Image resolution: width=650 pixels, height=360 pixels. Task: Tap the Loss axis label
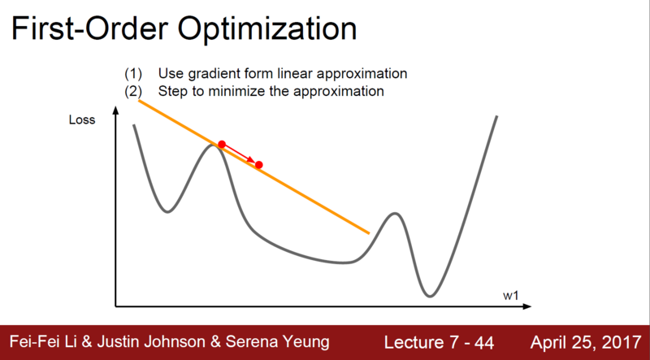pos(82,119)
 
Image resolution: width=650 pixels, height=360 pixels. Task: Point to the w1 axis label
pos(511,296)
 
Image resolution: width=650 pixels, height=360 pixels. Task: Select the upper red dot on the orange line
pos(222,145)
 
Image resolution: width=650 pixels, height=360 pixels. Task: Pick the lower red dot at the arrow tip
pos(259,165)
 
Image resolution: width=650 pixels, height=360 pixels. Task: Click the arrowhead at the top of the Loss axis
pos(115,111)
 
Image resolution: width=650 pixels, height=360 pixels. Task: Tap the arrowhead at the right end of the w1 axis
pos(527,306)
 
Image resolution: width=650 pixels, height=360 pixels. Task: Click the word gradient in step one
pos(210,74)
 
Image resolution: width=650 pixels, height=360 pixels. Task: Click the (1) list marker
pos(133,74)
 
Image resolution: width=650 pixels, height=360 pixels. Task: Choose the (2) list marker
pos(133,91)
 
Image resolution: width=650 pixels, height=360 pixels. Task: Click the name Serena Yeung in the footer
pos(277,342)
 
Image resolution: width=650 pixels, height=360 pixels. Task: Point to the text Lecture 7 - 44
pos(439,343)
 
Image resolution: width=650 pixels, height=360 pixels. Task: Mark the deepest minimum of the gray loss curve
pos(430,296)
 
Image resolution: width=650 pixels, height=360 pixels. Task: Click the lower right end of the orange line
pos(369,233)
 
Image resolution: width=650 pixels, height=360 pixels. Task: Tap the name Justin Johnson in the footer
pos(151,342)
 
